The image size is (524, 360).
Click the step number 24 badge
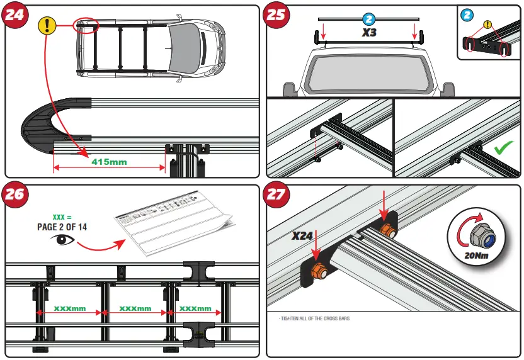(x=16, y=16)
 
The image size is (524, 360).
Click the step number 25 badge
(x=276, y=16)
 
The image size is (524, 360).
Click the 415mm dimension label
(x=109, y=162)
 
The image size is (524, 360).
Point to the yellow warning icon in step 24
(x=47, y=25)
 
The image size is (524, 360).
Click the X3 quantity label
(x=369, y=32)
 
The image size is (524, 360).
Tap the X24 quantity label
(x=303, y=237)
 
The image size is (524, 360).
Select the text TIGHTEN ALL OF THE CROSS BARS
(x=314, y=319)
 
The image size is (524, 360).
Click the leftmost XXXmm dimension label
(x=69, y=309)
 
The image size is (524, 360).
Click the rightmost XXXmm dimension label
(x=195, y=309)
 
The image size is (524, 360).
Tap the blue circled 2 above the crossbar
(x=370, y=19)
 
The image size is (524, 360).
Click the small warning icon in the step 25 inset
(x=486, y=25)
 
